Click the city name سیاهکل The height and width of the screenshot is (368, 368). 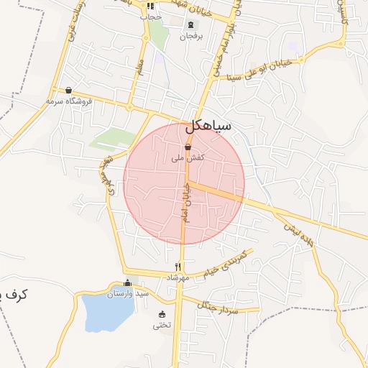point(208,126)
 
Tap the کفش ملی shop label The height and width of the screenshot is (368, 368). point(188,157)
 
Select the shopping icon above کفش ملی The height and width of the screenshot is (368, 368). point(188,147)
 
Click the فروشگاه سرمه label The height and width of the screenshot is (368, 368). point(70,101)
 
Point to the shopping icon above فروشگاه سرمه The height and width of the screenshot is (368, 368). point(68,91)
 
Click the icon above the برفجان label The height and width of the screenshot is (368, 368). point(190,25)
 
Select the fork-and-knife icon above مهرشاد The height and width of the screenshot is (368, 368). point(178,267)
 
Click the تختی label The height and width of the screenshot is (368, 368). point(161,325)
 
